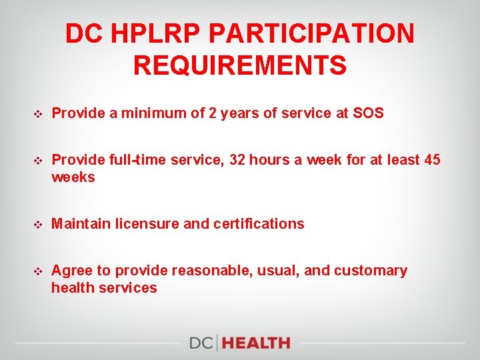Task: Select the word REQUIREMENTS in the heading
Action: [x=240, y=66]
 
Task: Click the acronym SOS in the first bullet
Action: [x=368, y=113]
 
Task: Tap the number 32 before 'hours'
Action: [x=241, y=160]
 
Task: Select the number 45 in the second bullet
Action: [x=432, y=160]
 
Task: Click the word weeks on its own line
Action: [x=73, y=177]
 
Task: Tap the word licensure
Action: [x=147, y=224]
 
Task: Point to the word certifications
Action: [x=259, y=224]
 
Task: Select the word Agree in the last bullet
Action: [x=71, y=271]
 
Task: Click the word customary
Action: [x=370, y=271]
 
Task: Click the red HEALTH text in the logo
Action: [x=257, y=343]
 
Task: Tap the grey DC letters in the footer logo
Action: [x=202, y=343]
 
